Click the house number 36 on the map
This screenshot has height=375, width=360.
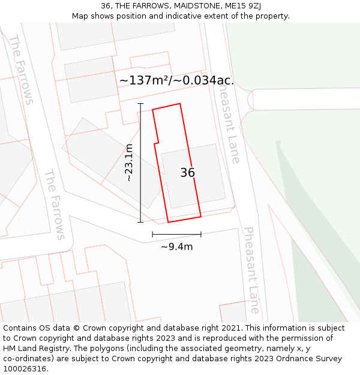pos(188,173)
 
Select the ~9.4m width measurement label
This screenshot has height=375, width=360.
pos(176,247)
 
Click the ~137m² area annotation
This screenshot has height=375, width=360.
pos(176,80)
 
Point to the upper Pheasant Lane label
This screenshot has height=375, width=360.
pos(228,124)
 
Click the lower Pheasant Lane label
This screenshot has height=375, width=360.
pos(252,269)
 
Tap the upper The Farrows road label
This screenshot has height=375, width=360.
pos(21,70)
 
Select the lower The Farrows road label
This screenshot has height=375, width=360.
pos(54,204)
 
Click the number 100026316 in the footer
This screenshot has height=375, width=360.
pos(24,369)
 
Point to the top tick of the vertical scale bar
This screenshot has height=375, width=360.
pos(140,104)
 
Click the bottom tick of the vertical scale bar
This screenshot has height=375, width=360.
pos(140,223)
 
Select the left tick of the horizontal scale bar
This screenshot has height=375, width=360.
pos(152,234)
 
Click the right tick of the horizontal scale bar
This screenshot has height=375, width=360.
pos(201,234)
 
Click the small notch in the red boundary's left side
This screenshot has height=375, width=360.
pos(157,143)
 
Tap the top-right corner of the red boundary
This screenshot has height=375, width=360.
pos(180,104)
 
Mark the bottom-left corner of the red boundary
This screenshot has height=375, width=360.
pos(168,222)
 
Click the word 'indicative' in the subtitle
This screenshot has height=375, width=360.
pos(196,16)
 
